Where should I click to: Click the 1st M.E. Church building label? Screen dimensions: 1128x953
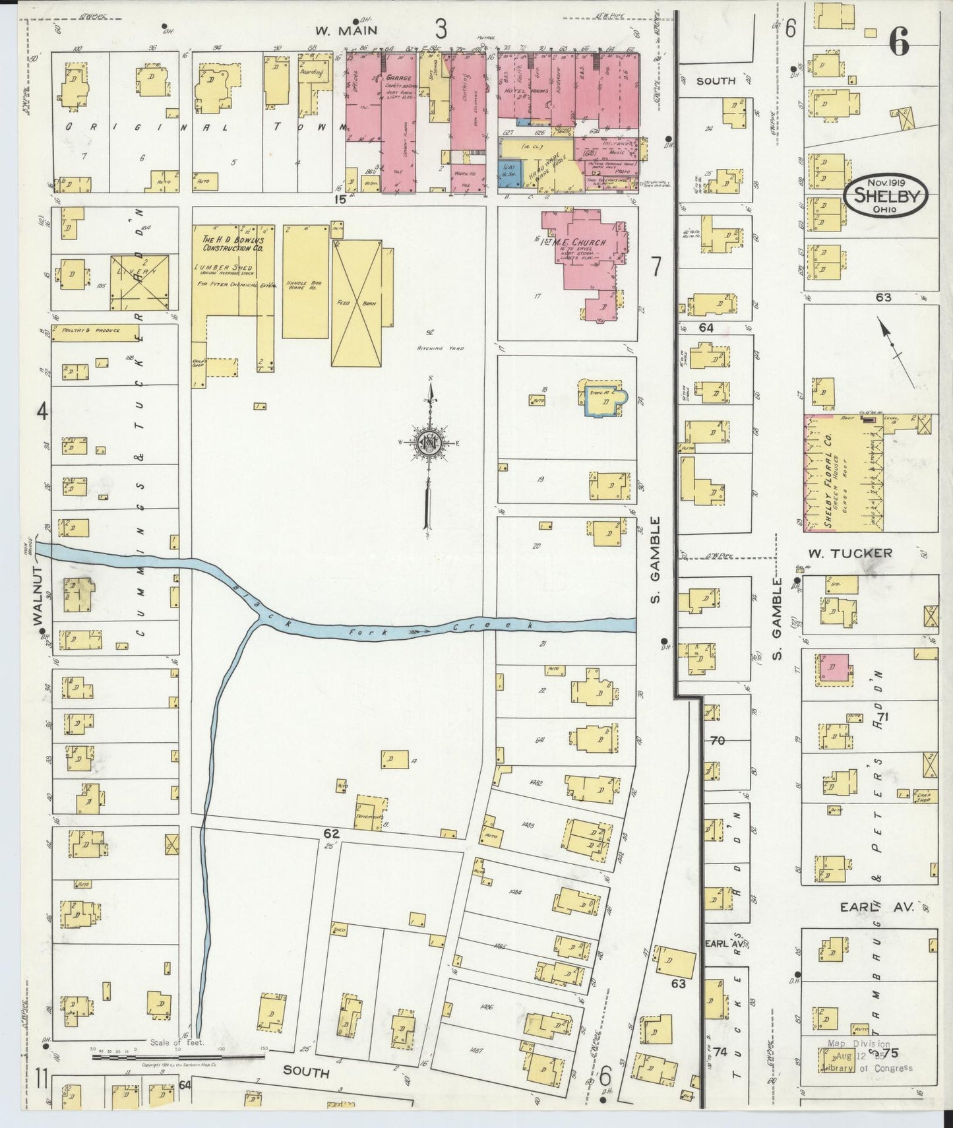point(577,242)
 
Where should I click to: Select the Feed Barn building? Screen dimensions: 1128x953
point(357,303)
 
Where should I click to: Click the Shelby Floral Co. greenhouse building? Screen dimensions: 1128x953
point(843,473)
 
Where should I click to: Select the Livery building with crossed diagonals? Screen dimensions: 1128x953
point(139,282)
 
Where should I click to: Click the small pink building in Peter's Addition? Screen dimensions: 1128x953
point(831,668)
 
